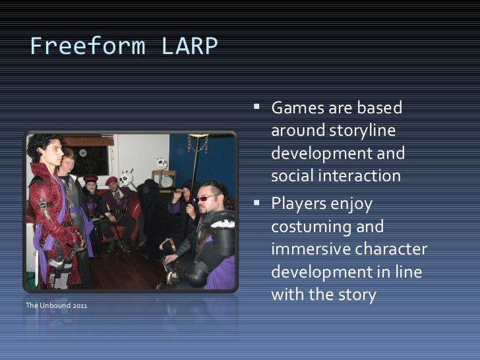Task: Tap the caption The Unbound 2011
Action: click(55, 306)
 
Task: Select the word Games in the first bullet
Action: click(296, 107)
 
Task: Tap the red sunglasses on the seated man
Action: click(206, 198)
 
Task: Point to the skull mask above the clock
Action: click(162, 163)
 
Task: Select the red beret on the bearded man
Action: click(112, 180)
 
